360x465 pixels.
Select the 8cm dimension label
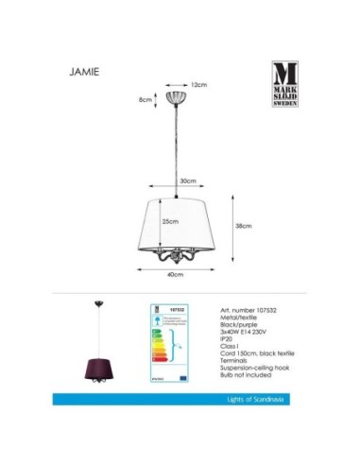pos(146,100)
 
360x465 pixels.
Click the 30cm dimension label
pos(189,181)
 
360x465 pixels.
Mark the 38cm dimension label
pos(243,226)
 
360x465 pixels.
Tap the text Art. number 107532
pos(249,309)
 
